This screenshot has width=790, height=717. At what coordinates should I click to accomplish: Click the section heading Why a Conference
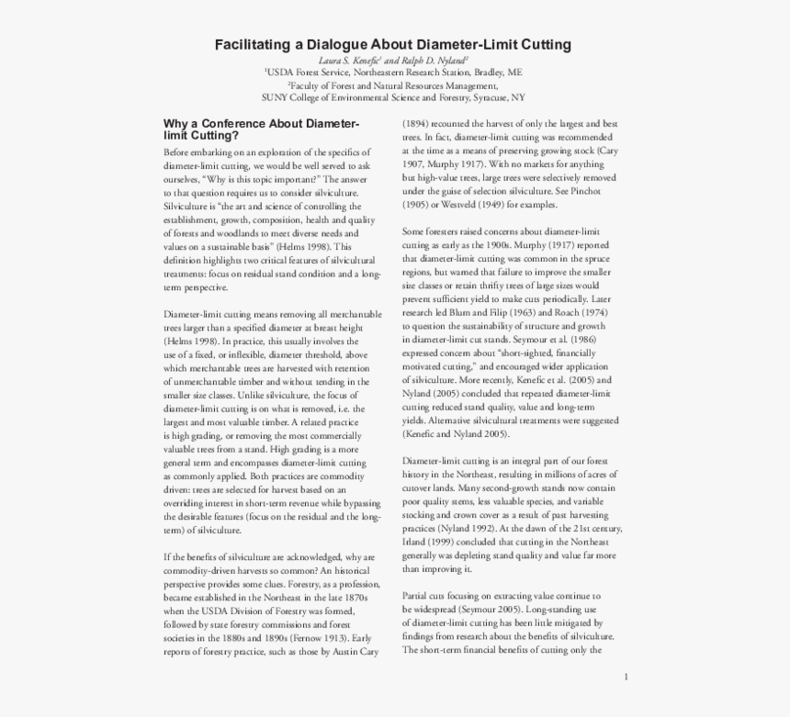click(x=229, y=123)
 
